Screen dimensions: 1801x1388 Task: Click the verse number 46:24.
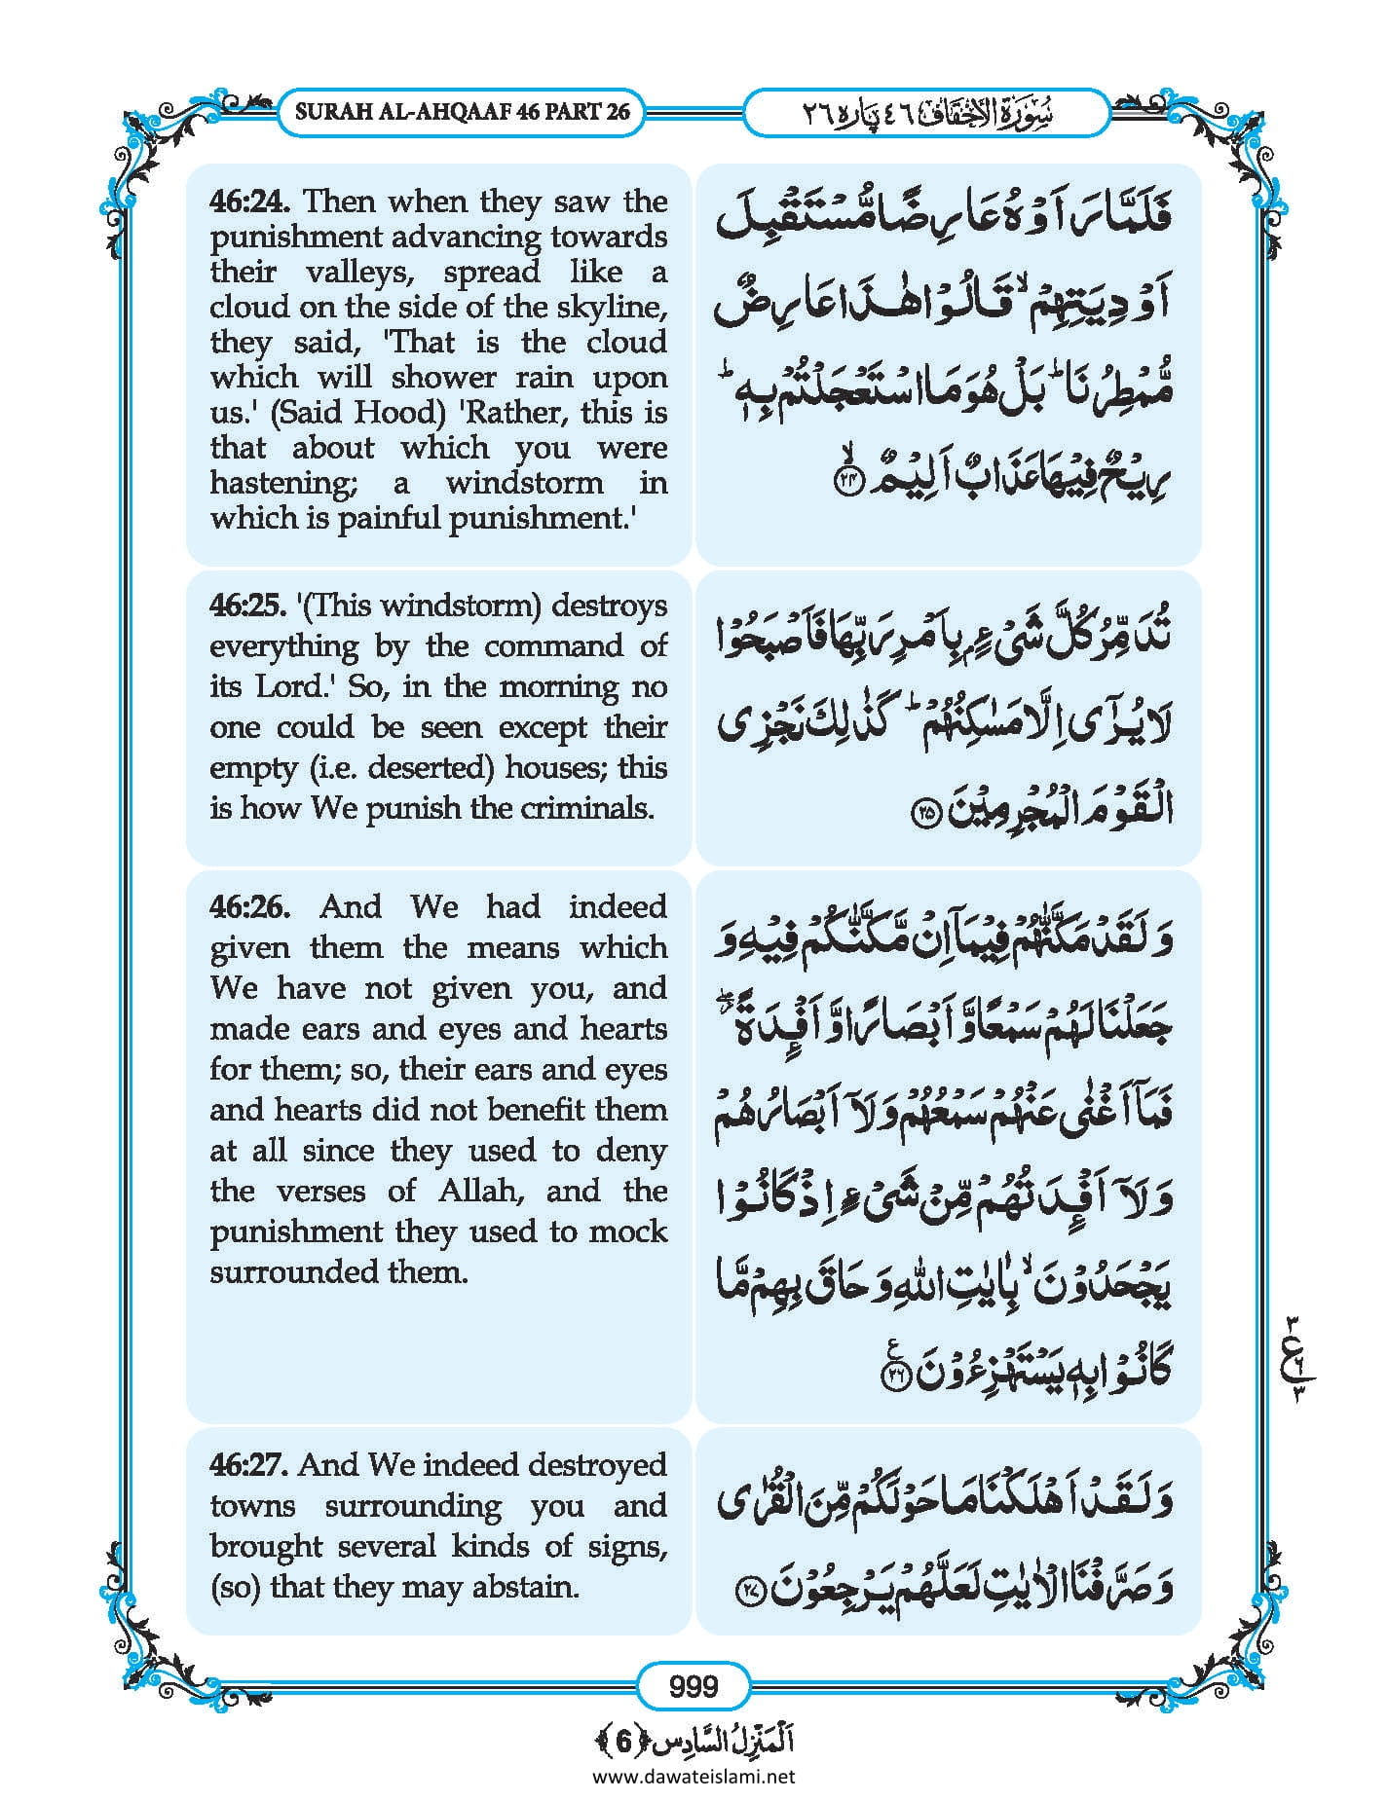(x=252, y=202)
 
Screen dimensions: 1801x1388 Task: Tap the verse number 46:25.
(x=247, y=606)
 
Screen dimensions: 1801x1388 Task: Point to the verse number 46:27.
(x=249, y=1465)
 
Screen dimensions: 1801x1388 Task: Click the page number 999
(x=694, y=1685)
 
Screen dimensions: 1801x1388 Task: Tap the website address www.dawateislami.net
(x=694, y=1776)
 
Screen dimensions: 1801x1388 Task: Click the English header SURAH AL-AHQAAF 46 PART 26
(x=463, y=111)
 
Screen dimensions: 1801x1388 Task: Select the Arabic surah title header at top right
(x=925, y=113)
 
